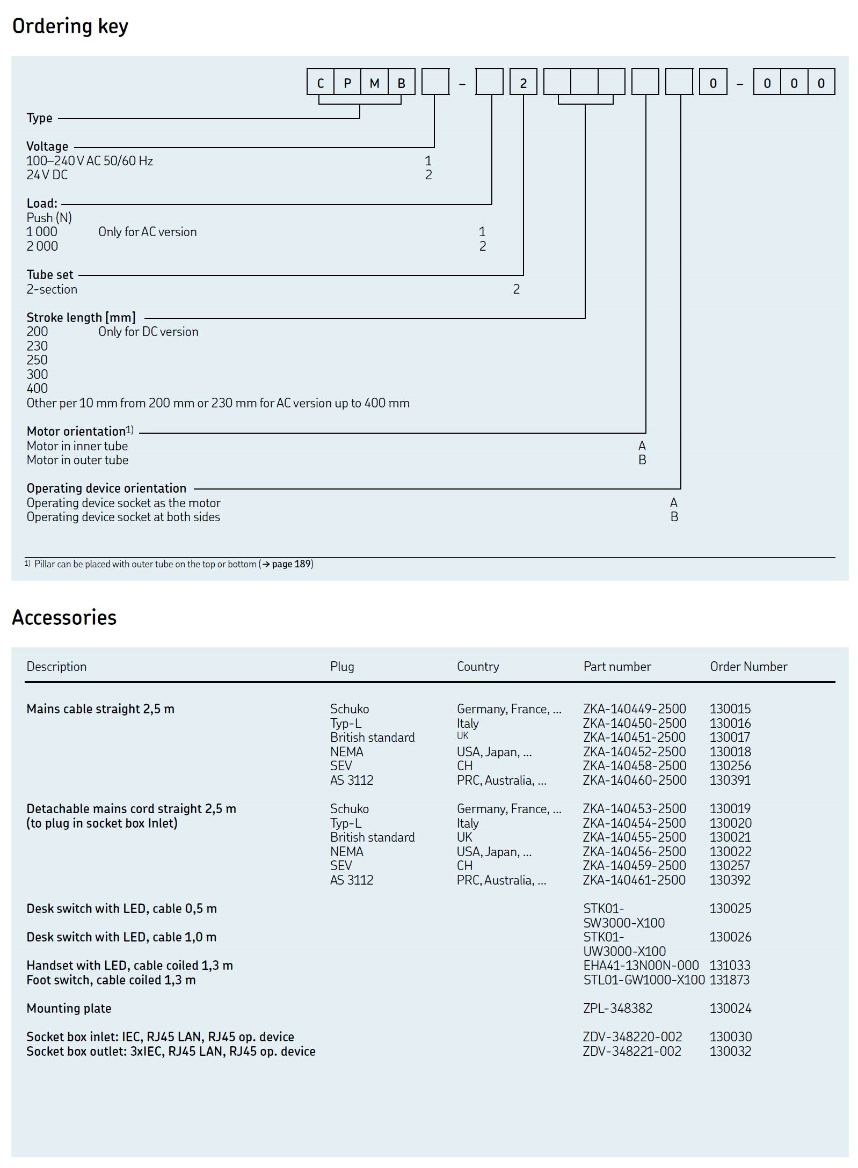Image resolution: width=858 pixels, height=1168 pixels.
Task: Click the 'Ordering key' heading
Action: pyautogui.click(x=70, y=26)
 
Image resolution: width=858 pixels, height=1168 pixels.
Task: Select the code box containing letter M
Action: pyautogui.click(x=374, y=83)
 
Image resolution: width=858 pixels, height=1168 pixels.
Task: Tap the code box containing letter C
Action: pyautogui.click(x=321, y=83)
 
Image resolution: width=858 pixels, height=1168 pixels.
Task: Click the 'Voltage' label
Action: pyautogui.click(x=47, y=147)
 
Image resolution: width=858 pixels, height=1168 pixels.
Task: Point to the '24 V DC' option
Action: pyautogui.click(x=47, y=175)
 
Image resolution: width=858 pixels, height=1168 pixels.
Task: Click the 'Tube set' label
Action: pyautogui.click(x=50, y=275)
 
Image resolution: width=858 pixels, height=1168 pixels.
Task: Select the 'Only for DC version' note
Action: pyautogui.click(x=148, y=332)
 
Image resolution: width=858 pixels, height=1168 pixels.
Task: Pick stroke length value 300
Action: pyautogui.click(x=37, y=375)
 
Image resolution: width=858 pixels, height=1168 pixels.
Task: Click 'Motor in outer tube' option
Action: pyautogui.click(x=77, y=460)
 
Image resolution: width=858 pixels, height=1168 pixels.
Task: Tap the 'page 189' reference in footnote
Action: pyautogui.click(x=292, y=564)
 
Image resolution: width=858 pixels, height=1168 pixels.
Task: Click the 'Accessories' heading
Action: pyautogui.click(x=64, y=618)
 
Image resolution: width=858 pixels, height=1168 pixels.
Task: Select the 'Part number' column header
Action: pyautogui.click(x=617, y=667)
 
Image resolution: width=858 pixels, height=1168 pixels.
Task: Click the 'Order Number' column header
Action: pyautogui.click(x=748, y=667)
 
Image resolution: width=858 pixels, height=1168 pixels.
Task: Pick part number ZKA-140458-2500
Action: pyautogui.click(x=635, y=766)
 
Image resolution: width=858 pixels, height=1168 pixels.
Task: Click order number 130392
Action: pyautogui.click(x=730, y=880)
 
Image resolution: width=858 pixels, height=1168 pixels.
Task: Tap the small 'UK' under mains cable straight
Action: pyautogui.click(x=462, y=736)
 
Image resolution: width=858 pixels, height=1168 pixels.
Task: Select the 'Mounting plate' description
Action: pyautogui.click(x=69, y=1009)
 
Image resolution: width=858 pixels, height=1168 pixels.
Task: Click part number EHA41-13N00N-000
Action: pyautogui.click(x=641, y=966)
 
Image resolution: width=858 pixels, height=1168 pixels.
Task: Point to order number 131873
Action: pyautogui.click(x=730, y=980)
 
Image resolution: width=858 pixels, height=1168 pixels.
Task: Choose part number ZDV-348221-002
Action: pyautogui.click(x=632, y=1052)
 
